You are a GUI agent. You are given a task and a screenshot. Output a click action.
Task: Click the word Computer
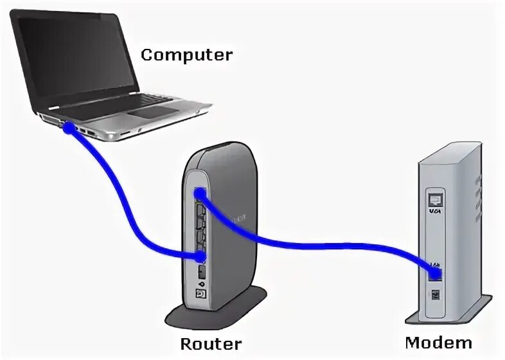pyautogui.click(x=186, y=55)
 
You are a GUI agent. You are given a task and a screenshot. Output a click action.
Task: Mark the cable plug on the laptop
pyautogui.click(x=68, y=128)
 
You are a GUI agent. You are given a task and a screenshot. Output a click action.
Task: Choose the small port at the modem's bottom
pyautogui.click(x=436, y=295)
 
